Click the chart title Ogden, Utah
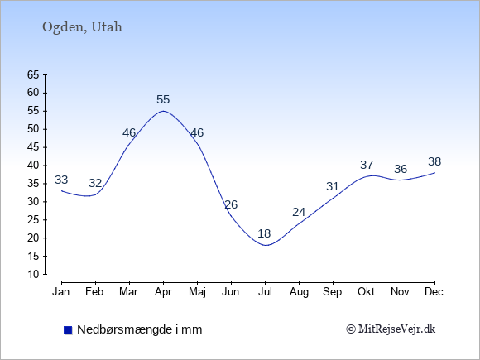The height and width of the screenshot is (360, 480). coord(82,27)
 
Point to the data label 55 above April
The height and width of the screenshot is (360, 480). coord(163,99)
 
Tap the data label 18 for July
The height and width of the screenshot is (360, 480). coord(264,233)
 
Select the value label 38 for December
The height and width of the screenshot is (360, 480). coord(434,161)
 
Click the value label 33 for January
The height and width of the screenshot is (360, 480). coord(61,180)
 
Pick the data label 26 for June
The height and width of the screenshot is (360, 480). coord(231,204)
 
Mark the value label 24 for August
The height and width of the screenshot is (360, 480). coord(299,212)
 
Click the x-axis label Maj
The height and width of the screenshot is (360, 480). coord(197,292)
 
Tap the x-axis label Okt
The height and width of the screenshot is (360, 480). coord(366,292)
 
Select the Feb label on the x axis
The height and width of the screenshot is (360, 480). coord(94,292)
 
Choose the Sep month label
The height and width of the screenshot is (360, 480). coord(333,292)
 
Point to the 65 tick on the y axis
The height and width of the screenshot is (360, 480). coord(33,74)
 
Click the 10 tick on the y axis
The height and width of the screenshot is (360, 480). coord(33,274)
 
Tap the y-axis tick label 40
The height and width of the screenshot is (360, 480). coord(33,166)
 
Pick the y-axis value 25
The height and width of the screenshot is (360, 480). coord(33,220)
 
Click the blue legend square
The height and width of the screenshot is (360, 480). coord(68,330)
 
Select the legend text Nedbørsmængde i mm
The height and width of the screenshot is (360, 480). coord(140,329)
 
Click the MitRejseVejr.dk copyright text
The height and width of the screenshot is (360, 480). coord(391,329)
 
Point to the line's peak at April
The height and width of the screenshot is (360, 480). coord(163,111)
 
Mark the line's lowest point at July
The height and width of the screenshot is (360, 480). coord(266,245)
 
